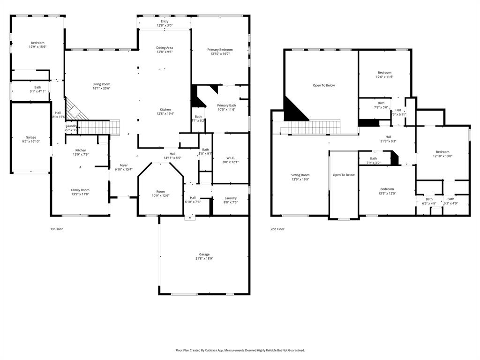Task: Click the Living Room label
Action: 101,84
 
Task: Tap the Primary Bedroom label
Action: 220,50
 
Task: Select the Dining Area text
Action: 165,48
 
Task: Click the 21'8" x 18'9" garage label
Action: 204,255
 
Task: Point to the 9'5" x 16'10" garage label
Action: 31,138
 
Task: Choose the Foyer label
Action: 124,165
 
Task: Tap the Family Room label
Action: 80,190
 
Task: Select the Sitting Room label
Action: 300,175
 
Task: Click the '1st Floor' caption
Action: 57,229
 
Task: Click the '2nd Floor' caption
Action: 277,229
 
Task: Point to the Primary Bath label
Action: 226,105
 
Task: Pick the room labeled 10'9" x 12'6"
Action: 161,192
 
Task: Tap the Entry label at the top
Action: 165,22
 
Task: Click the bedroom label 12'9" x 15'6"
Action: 37,43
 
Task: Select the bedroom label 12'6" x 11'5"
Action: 384,73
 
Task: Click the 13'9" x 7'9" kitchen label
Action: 81,150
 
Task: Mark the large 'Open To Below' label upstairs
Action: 324,85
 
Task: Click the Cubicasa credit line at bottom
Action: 240,350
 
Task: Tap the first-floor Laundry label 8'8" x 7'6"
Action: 231,198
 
